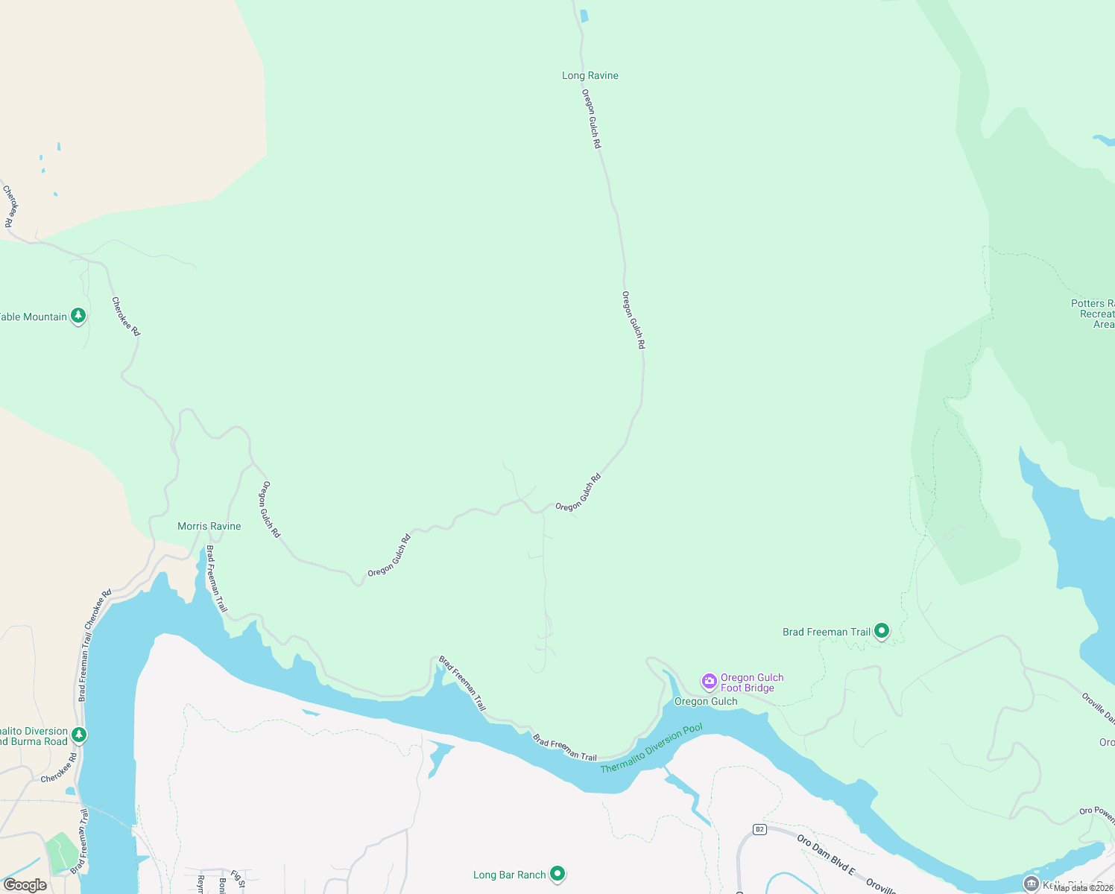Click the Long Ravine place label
point(590,75)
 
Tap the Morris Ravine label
point(209,526)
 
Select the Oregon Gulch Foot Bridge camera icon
point(709,681)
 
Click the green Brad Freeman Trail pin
point(881,631)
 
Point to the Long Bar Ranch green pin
point(557,874)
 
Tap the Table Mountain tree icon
point(78,316)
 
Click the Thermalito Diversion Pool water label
point(651,748)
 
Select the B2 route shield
point(759,829)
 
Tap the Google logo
point(25,885)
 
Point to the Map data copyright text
point(1082,888)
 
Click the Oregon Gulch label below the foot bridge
point(705,701)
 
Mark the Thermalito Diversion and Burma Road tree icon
point(78,735)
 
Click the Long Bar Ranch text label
point(509,875)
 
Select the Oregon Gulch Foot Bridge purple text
point(751,682)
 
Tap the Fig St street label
point(237,879)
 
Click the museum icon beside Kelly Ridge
point(1031,884)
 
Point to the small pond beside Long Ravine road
point(584,16)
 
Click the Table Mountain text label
point(34,317)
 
